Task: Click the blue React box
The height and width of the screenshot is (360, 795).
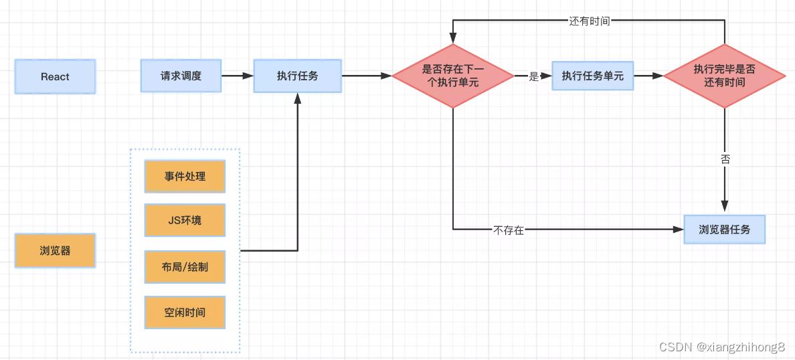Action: click(x=55, y=76)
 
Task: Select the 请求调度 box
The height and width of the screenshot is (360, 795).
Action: click(x=181, y=76)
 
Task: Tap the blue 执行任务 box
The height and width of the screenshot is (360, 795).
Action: click(x=297, y=76)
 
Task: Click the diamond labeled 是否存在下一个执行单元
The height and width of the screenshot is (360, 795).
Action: click(x=453, y=76)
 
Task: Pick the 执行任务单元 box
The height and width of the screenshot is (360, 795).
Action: click(x=592, y=76)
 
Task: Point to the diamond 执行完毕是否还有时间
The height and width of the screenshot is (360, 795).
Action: click(x=725, y=76)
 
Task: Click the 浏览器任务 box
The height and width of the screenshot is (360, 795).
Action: click(x=724, y=230)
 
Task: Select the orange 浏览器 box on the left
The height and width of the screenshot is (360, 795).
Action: click(x=55, y=251)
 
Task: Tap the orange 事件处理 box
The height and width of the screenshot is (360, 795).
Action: click(x=185, y=177)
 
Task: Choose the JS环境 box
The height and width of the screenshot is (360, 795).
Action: click(x=185, y=220)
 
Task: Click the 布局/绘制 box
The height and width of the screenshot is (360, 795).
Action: click(x=185, y=266)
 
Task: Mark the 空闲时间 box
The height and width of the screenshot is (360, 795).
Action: click(x=185, y=312)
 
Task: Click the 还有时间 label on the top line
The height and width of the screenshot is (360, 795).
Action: click(x=589, y=21)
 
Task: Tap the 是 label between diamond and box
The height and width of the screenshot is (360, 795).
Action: click(x=533, y=76)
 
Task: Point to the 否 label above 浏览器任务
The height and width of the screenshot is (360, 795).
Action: click(x=725, y=160)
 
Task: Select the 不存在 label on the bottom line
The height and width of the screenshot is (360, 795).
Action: click(x=509, y=230)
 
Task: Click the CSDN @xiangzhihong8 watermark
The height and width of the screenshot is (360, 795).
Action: click(x=721, y=347)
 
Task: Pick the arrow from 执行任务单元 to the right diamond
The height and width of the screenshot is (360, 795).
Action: click(x=648, y=76)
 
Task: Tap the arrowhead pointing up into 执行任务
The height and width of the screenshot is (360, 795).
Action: click(x=297, y=98)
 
